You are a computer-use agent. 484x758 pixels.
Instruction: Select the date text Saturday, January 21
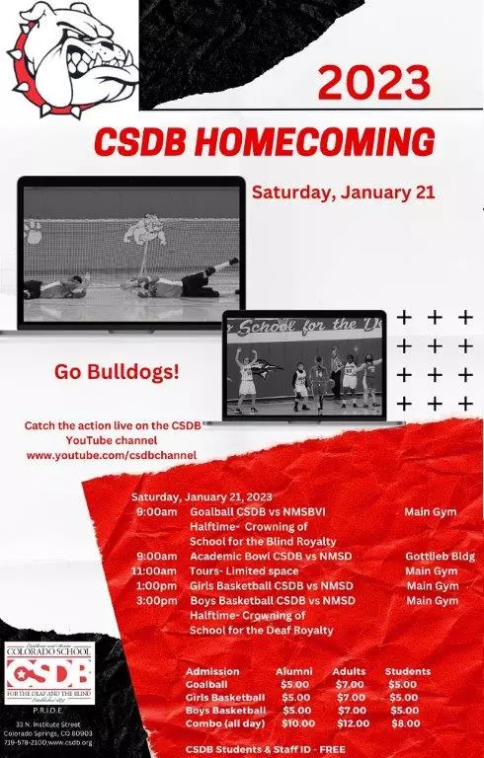[343, 192]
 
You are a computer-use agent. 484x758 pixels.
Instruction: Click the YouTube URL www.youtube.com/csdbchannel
[112, 455]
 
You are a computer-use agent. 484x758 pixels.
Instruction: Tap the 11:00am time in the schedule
[155, 570]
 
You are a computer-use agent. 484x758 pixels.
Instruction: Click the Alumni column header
[293, 671]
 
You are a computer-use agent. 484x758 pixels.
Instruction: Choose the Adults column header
[349, 671]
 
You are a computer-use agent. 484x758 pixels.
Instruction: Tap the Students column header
[407, 671]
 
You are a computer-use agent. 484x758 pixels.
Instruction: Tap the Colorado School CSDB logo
[49, 672]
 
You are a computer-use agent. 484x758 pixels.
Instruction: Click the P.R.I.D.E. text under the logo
[49, 708]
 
